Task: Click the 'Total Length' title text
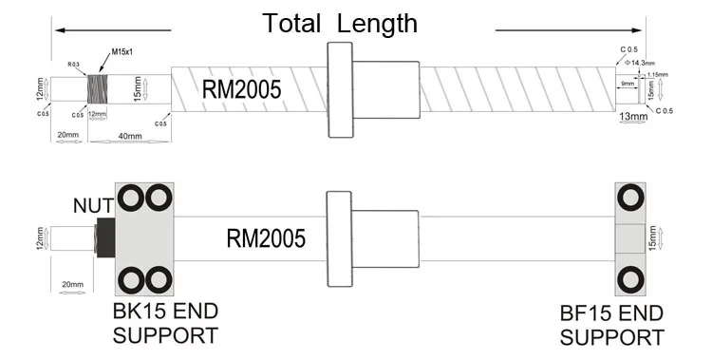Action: coord(339,23)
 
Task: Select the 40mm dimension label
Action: coord(131,137)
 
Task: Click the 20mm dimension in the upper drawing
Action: coord(66,137)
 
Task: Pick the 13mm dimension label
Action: coord(633,117)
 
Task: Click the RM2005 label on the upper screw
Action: coord(241,90)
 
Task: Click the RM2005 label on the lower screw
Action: coord(266,237)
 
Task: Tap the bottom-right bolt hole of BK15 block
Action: coord(159,280)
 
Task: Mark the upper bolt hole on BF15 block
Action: coord(629,198)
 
